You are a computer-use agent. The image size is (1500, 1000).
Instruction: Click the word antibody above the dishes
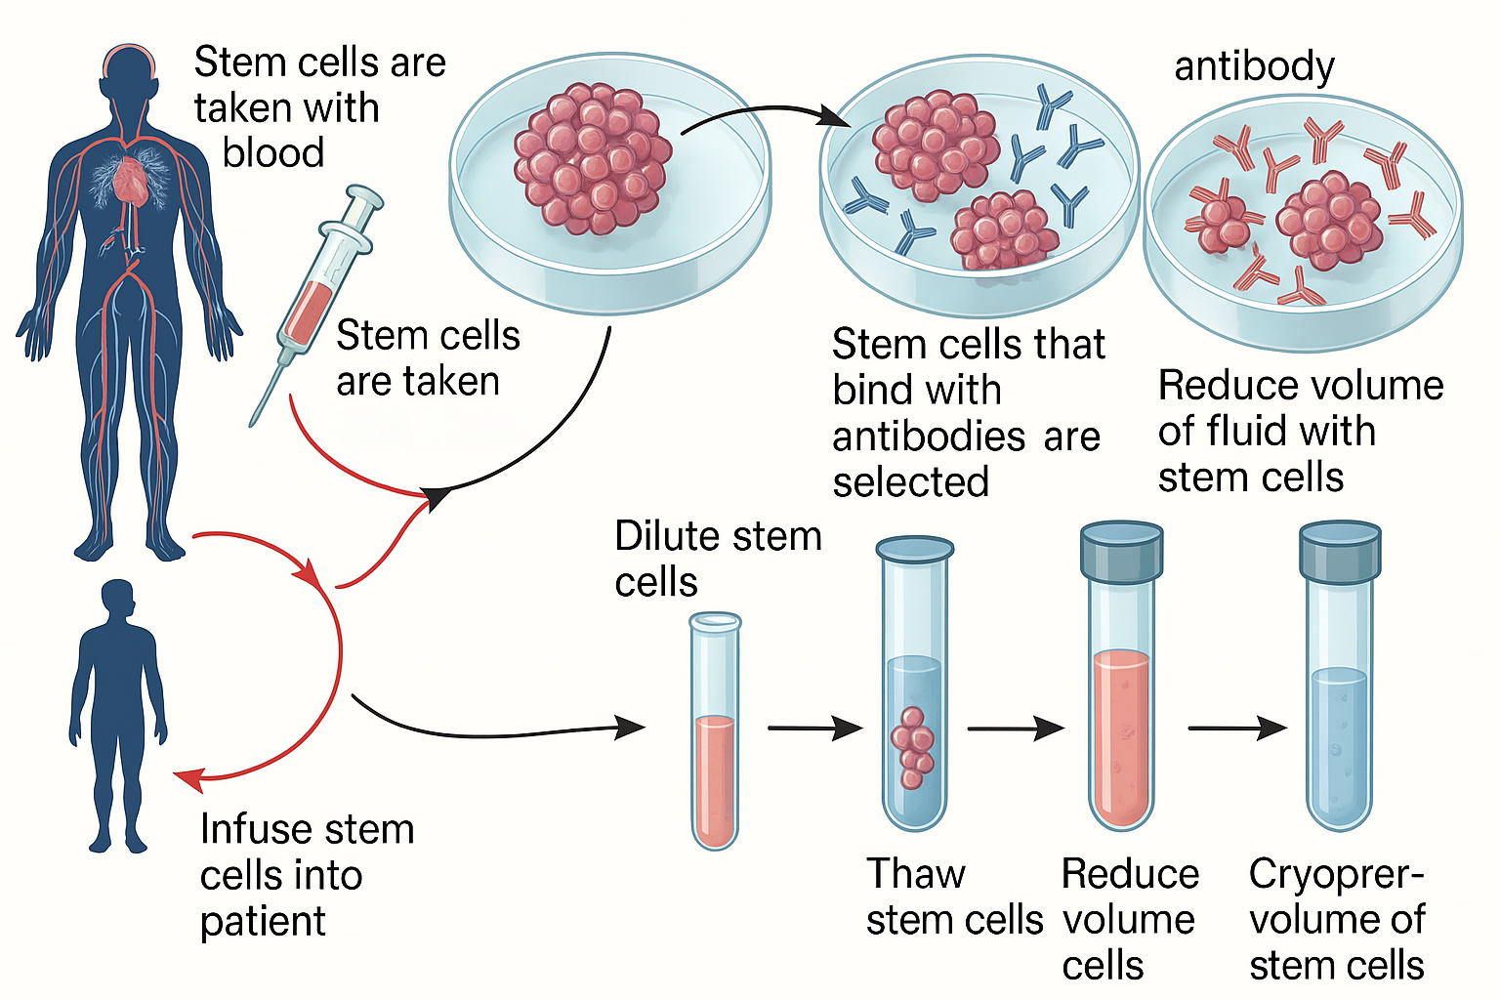click(x=1254, y=66)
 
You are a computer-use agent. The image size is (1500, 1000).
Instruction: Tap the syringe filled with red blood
click(x=314, y=293)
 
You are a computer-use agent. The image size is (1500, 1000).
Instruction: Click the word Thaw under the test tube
click(x=915, y=874)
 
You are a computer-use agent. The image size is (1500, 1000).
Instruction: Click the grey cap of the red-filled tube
click(x=1121, y=550)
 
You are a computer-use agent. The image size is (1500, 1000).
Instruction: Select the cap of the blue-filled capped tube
click(x=1340, y=549)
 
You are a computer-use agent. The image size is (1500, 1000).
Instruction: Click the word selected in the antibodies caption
click(x=910, y=482)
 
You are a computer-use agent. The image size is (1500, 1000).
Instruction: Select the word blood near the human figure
click(x=273, y=153)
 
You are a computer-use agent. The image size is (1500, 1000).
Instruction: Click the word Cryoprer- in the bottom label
click(x=1335, y=874)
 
